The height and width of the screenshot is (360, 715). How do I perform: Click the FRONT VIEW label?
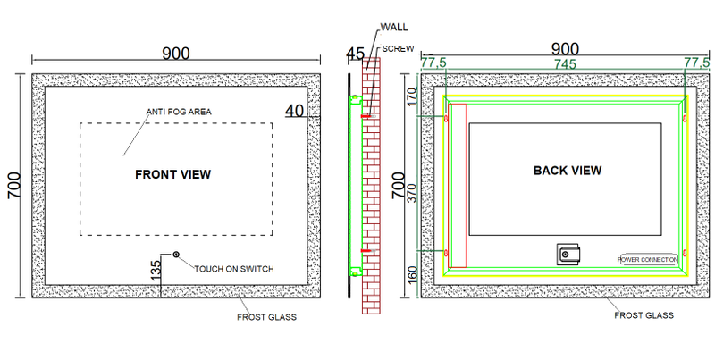(173, 174)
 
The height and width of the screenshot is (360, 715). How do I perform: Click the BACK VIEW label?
(568, 171)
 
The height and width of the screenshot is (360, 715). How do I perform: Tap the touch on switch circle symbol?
(176, 255)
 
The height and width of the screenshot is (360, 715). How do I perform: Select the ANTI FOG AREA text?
(179, 112)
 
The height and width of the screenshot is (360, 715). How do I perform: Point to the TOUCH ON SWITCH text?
(234, 269)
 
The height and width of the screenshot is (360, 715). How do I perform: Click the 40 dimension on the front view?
(295, 111)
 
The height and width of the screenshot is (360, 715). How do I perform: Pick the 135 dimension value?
(156, 270)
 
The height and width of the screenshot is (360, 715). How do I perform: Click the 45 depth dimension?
(355, 54)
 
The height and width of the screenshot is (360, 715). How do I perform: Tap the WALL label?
(394, 28)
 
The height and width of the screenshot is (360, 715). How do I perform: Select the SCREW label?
(398, 49)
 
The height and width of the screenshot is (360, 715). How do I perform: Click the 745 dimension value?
(565, 64)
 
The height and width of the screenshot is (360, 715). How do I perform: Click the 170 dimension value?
(412, 96)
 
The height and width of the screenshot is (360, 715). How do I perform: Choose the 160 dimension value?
(412, 275)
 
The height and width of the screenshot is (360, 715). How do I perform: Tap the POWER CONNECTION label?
(648, 259)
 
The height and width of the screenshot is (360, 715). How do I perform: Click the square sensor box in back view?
(568, 255)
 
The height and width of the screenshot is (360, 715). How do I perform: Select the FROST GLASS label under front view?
(266, 317)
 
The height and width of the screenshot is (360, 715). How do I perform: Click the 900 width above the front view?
(176, 54)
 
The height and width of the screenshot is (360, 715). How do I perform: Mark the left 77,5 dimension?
(433, 63)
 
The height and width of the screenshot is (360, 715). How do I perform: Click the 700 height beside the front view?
(14, 185)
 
